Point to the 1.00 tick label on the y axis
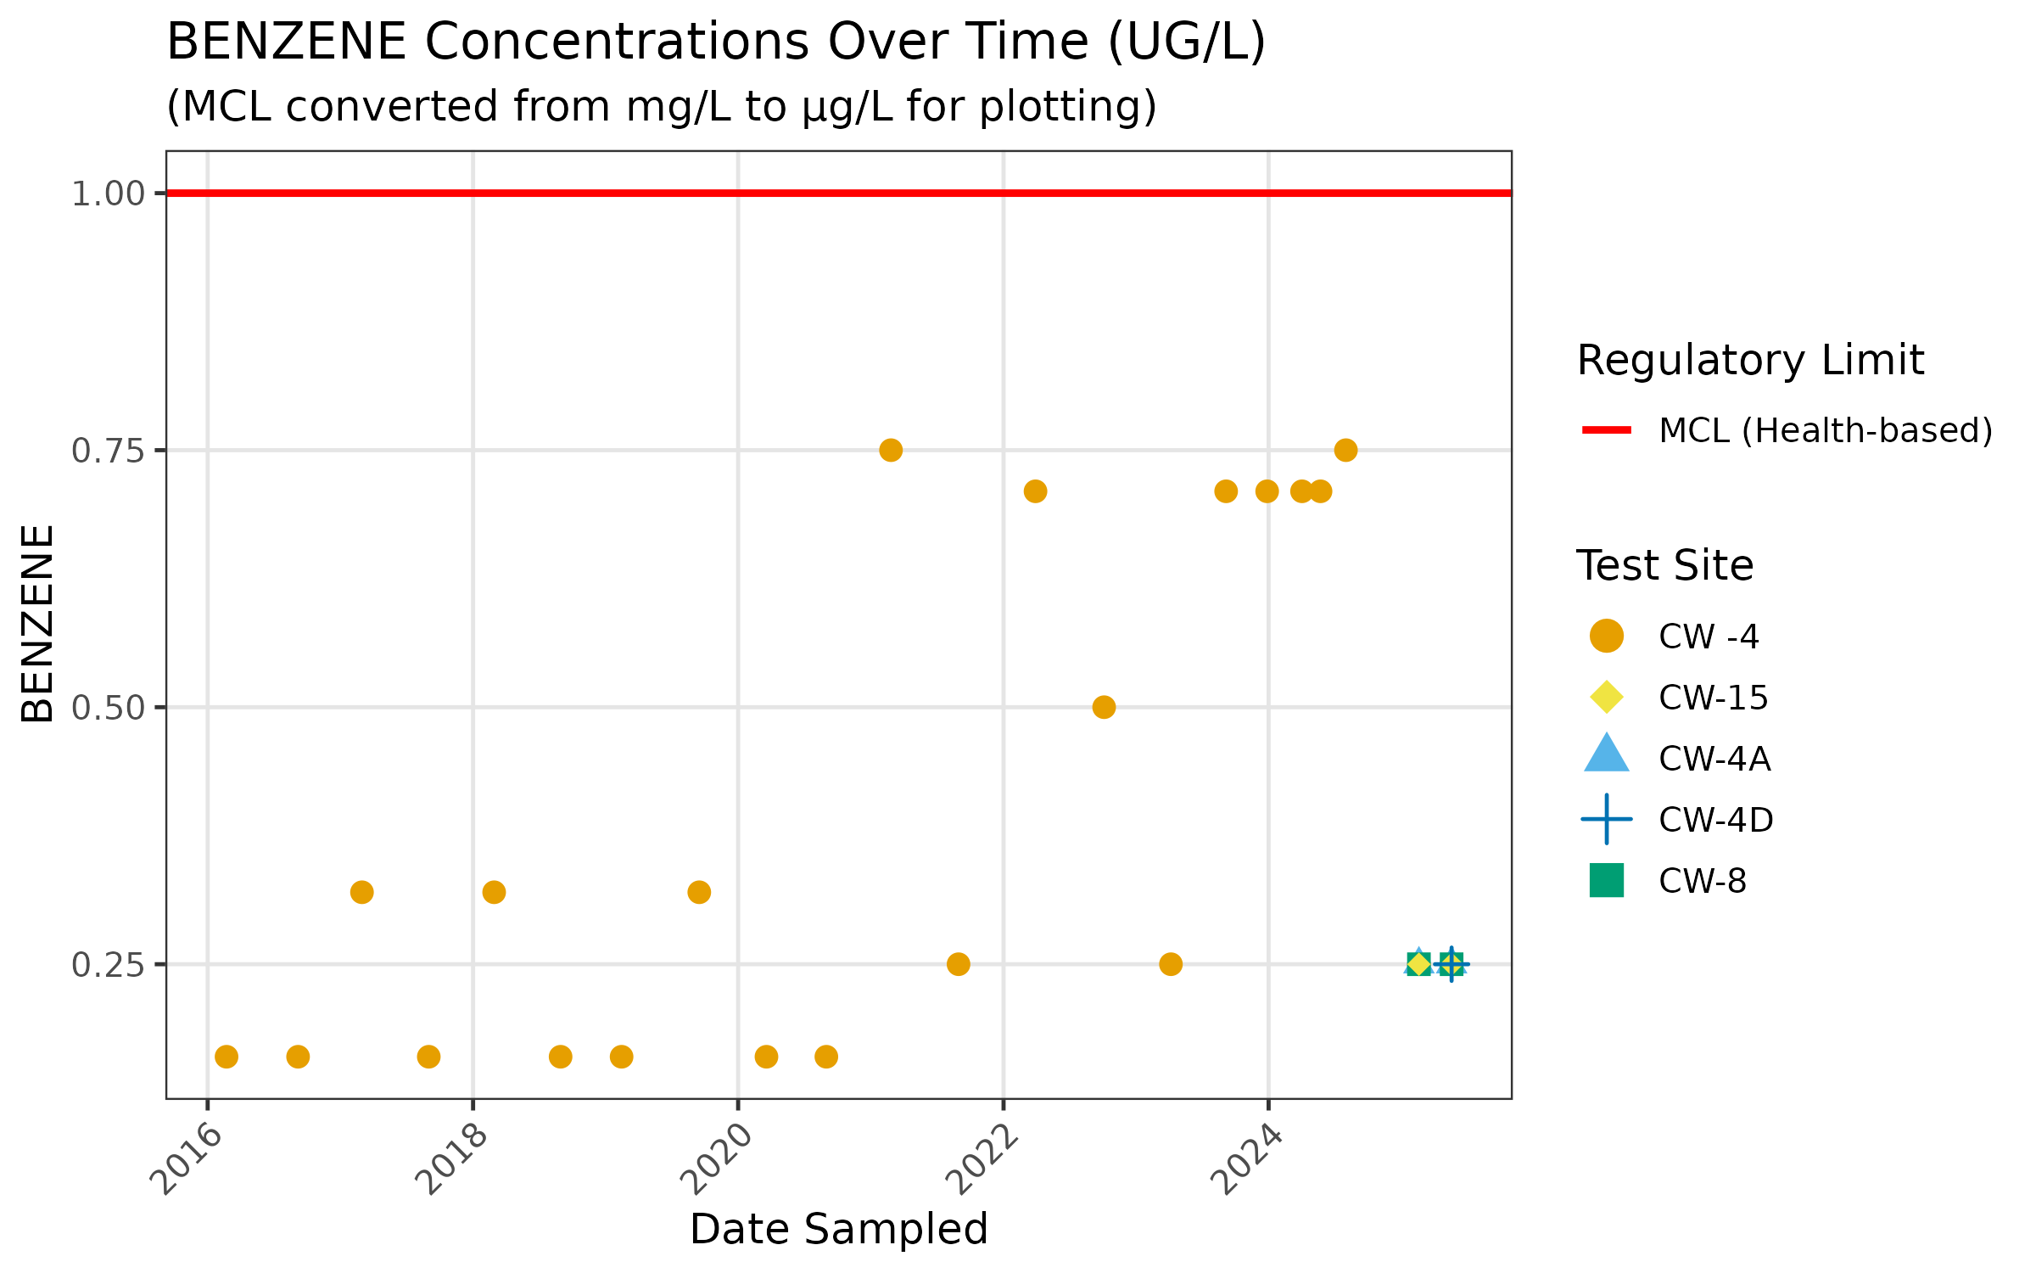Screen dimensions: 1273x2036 click(x=108, y=194)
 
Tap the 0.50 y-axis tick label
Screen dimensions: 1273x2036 click(x=108, y=708)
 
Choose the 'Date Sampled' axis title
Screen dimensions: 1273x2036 click(x=838, y=1229)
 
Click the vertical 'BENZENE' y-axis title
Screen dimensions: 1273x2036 click(x=38, y=624)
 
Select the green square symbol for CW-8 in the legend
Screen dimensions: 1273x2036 click(x=1606, y=880)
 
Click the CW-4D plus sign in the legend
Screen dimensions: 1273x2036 click(x=1606, y=819)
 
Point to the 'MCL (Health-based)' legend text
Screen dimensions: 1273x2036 click(x=1825, y=430)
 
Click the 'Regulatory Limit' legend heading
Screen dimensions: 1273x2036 click(x=1749, y=361)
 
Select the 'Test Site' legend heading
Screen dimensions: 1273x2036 click(x=1664, y=565)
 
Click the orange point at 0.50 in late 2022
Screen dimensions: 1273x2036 click(x=1104, y=707)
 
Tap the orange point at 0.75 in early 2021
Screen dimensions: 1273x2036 click(x=891, y=450)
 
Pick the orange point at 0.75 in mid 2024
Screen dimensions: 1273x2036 click(x=1345, y=450)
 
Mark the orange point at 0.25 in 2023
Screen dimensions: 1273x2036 click(x=1171, y=964)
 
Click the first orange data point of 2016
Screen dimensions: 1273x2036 click(x=227, y=1057)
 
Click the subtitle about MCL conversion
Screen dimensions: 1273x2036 click(x=662, y=107)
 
